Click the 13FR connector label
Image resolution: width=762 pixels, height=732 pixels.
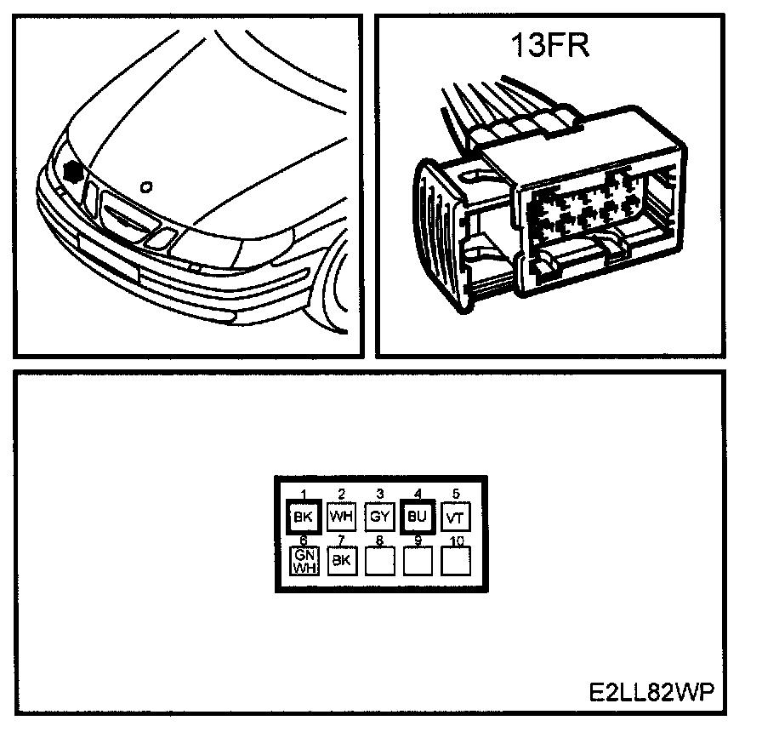pyautogui.click(x=549, y=44)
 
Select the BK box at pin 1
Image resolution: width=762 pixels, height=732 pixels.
pyautogui.click(x=303, y=516)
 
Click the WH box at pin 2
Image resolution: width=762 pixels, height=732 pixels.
pyautogui.click(x=341, y=516)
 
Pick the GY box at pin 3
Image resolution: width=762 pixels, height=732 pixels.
pyautogui.click(x=379, y=516)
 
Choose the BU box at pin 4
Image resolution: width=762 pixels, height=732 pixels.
pyautogui.click(x=417, y=516)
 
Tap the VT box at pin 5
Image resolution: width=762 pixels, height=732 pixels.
pyautogui.click(x=455, y=516)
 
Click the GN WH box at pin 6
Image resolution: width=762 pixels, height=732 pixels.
pyautogui.click(x=304, y=561)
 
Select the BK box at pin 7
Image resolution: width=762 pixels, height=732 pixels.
pyautogui.click(x=341, y=561)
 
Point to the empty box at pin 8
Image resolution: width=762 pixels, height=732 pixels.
pyautogui.click(x=379, y=561)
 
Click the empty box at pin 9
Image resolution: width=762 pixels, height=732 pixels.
pyautogui.click(x=418, y=561)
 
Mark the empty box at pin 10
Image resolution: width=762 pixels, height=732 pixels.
pyautogui.click(x=455, y=561)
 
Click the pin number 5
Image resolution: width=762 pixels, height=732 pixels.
pyautogui.click(x=455, y=494)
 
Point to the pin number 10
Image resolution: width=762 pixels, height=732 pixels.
pyautogui.click(x=456, y=540)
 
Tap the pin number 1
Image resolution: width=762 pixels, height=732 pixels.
pyautogui.click(x=303, y=494)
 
